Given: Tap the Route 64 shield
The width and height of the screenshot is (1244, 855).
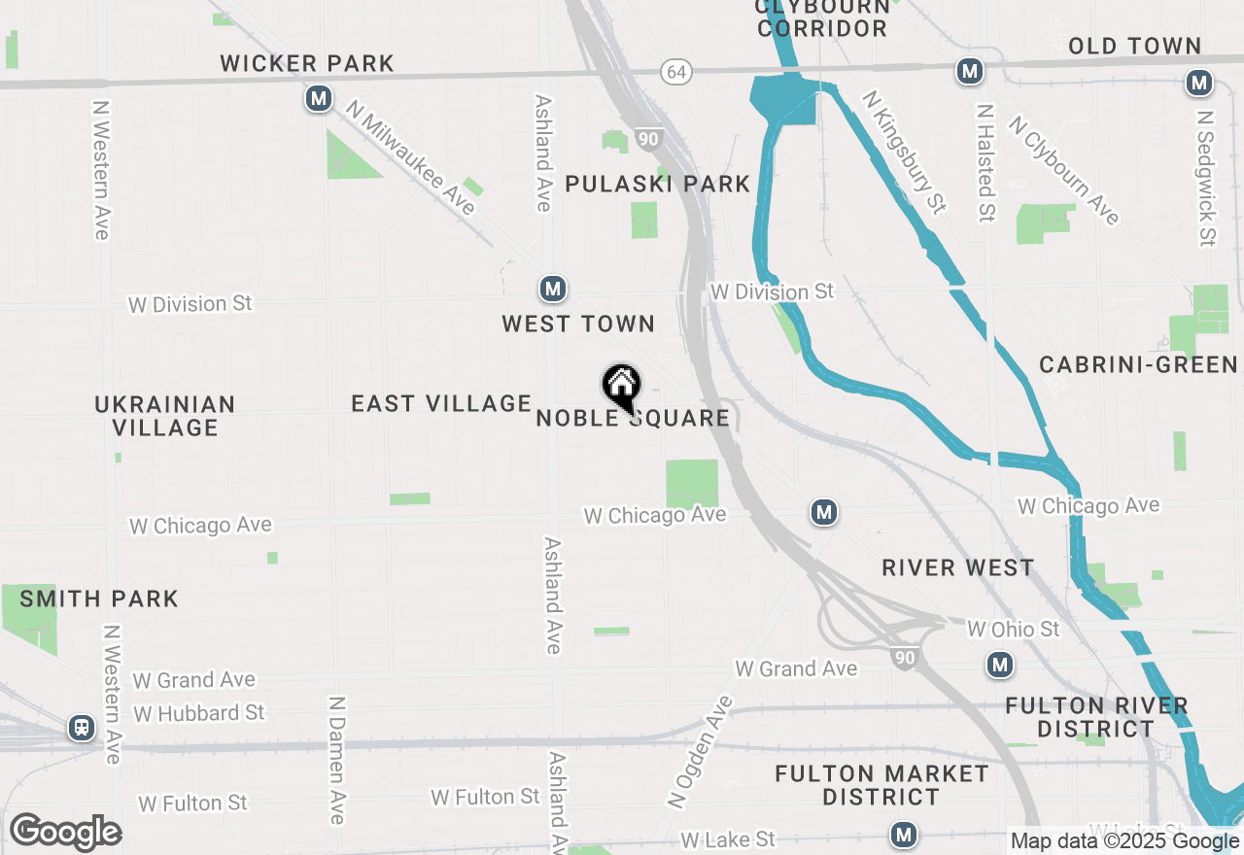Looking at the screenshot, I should (676, 72).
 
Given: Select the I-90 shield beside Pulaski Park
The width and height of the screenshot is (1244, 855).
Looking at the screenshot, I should (649, 140).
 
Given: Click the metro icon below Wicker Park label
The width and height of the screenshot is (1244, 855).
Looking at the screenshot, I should (318, 98).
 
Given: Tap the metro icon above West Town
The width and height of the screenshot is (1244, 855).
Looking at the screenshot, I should (553, 289).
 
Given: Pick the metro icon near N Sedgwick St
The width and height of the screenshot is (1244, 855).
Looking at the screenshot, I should (1199, 84).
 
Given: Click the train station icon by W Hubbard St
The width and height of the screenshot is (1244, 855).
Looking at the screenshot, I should (82, 727).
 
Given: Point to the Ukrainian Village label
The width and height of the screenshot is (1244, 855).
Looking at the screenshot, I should (165, 416).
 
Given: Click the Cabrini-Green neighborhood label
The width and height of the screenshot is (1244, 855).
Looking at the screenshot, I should (1138, 364).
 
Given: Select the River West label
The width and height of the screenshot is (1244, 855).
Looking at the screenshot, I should (957, 567).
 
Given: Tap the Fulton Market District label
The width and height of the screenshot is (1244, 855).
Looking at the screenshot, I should (881, 785).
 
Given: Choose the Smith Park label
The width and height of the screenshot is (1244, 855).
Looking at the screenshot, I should (99, 598).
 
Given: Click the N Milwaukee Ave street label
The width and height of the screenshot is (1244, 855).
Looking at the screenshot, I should (412, 160).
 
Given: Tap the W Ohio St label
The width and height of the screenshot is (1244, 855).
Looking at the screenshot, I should (1013, 630).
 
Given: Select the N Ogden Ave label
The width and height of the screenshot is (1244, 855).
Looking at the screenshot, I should (699, 752).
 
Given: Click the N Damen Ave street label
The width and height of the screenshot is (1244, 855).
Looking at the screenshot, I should (336, 760).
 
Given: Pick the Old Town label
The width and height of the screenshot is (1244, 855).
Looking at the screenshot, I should (1134, 46).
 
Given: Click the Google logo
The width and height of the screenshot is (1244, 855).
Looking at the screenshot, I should (65, 833).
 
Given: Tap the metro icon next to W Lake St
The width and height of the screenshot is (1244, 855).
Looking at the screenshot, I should (904, 834).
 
